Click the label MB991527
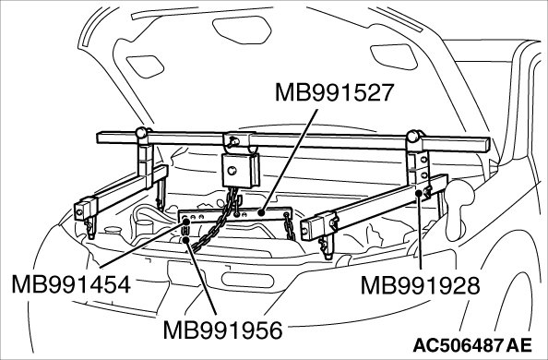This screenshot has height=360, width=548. (335, 92)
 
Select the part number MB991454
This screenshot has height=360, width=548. (71, 284)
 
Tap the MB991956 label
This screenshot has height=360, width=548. (223, 330)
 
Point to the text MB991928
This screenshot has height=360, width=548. (420, 285)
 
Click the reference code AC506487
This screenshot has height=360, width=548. (458, 345)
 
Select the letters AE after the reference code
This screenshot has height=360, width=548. (519, 345)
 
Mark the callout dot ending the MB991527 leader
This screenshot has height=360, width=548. (260, 212)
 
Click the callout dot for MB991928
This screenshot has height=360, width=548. (419, 193)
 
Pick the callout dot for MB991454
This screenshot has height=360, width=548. (186, 222)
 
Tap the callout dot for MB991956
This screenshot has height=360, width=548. (186, 240)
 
